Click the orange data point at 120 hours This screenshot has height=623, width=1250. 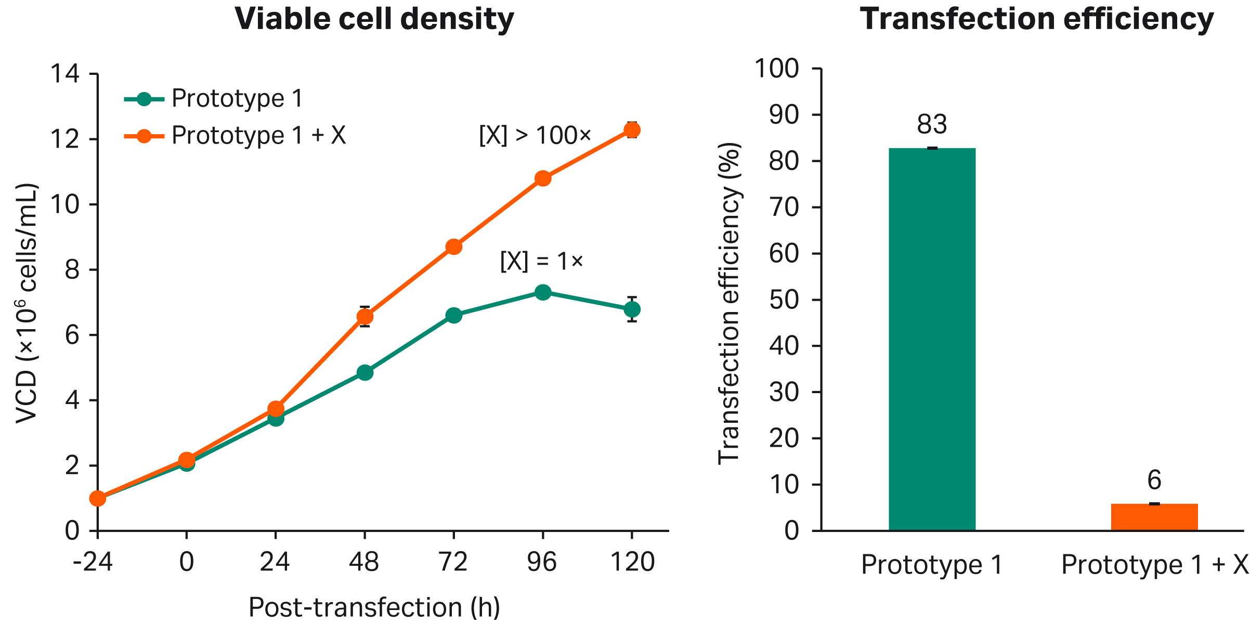(x=632, y=130)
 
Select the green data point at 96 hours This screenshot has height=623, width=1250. (x=543, y=292)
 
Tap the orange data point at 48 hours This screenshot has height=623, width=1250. (x=365, y=317)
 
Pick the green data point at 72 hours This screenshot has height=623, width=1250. (x=454, y=315)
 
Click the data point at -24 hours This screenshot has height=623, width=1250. (x=98, y=498)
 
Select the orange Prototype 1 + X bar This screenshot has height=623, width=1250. (x=1154, y=517)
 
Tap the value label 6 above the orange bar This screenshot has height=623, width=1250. (x=1154, y=480)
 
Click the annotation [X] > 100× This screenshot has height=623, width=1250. (x=535, y=136)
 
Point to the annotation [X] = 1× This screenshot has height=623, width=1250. (x=541, y=261)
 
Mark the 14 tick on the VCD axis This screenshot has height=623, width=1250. (x=65, y=74)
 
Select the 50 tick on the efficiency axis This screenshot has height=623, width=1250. (x=784, y=300)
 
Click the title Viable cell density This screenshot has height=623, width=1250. (x=374, y=19)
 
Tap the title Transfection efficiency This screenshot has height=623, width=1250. (x=1036, y=19)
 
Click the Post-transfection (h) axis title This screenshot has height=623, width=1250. (x=374, y=606)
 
